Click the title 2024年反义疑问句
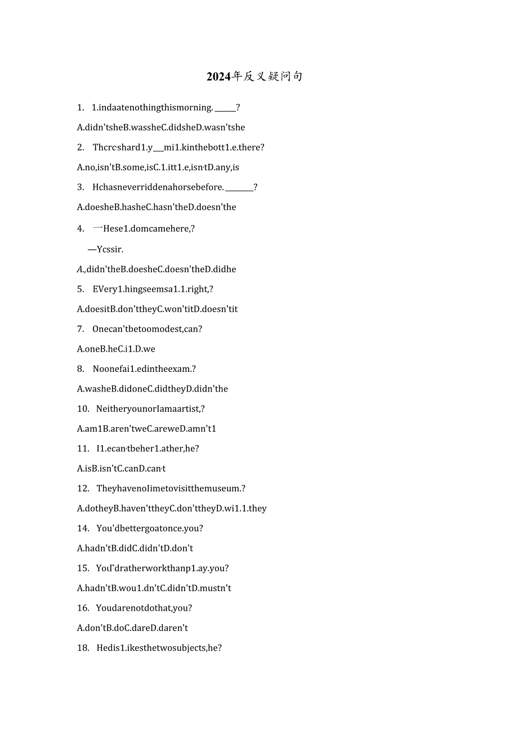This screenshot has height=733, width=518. coord(254,77)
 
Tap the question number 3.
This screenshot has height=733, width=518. coord(81,187)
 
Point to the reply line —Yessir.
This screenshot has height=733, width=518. coord(105,249)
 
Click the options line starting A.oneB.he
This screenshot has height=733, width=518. coord(116,349)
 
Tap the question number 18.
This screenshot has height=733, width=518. coord(83,648)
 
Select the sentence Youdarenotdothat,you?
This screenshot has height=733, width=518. coord(144,608)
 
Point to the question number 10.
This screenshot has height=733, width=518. coord(83,408)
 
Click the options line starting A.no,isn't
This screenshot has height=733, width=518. coord(158,167)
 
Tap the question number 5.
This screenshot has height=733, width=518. coord(81,289)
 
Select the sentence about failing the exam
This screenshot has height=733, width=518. coord(144,369)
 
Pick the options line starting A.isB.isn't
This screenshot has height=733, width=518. coord(121,469)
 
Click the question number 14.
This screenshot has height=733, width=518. coord(83,528)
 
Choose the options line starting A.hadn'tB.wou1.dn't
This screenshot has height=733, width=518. coord(154,588)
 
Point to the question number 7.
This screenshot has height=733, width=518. coord(81,329)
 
